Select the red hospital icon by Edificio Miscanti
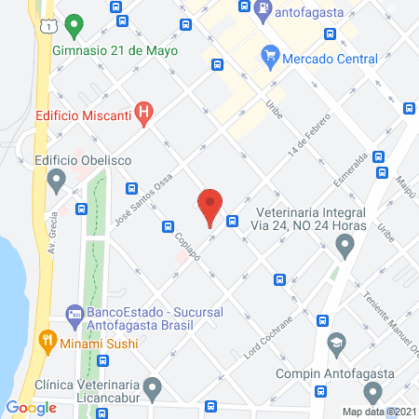click(143, 115)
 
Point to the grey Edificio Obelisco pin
click(58, 178)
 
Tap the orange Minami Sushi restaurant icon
click(44, 342)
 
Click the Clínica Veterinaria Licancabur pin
click(153, 385)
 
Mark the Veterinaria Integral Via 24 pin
click(345, 248)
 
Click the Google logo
click(32, 407)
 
